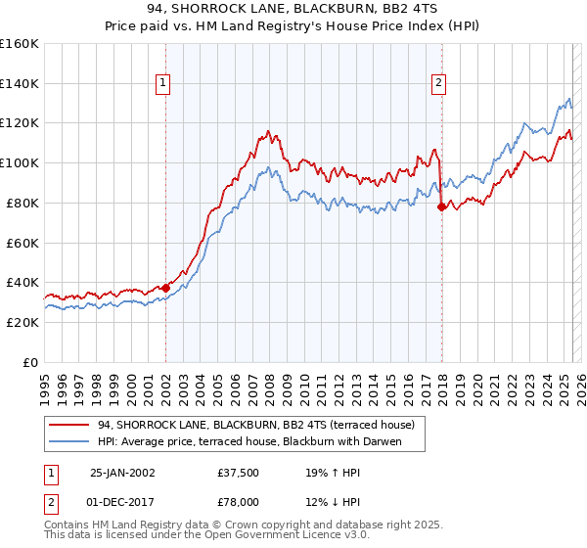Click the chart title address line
click(x=293, y=10)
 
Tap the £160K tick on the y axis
click(x=20, y=44)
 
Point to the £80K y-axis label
click(x=23, y=203)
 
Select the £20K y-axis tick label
click(x=23, y=322)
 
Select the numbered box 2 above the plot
click(x=439, y=84)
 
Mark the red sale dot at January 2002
click(x=165, y=287)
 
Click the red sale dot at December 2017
click(x=442, y=206)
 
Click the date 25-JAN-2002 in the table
click(x=122, y=472)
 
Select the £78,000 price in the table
click(x=239, y=501)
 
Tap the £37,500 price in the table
click(x=239, y=472)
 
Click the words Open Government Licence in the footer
click(x=270, y=537)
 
